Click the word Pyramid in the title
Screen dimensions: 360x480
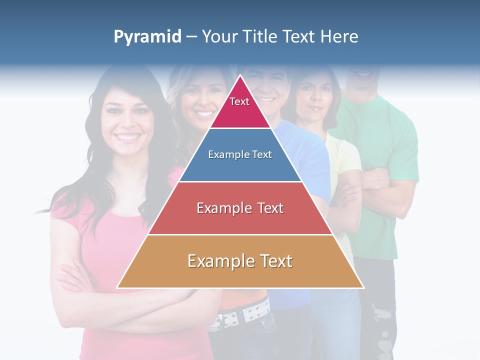click(x=147, y=37)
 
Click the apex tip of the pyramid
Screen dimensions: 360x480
click(x=240, y=76)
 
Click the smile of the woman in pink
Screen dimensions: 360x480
click(x=127, y=137)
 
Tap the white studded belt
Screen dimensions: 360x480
click(x=245, y=312)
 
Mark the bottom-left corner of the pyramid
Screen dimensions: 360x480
click(x=117, y=287)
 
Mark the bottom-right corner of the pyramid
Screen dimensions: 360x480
click(x=363, y=287)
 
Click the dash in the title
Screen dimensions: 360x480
click(x=191, y=37)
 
